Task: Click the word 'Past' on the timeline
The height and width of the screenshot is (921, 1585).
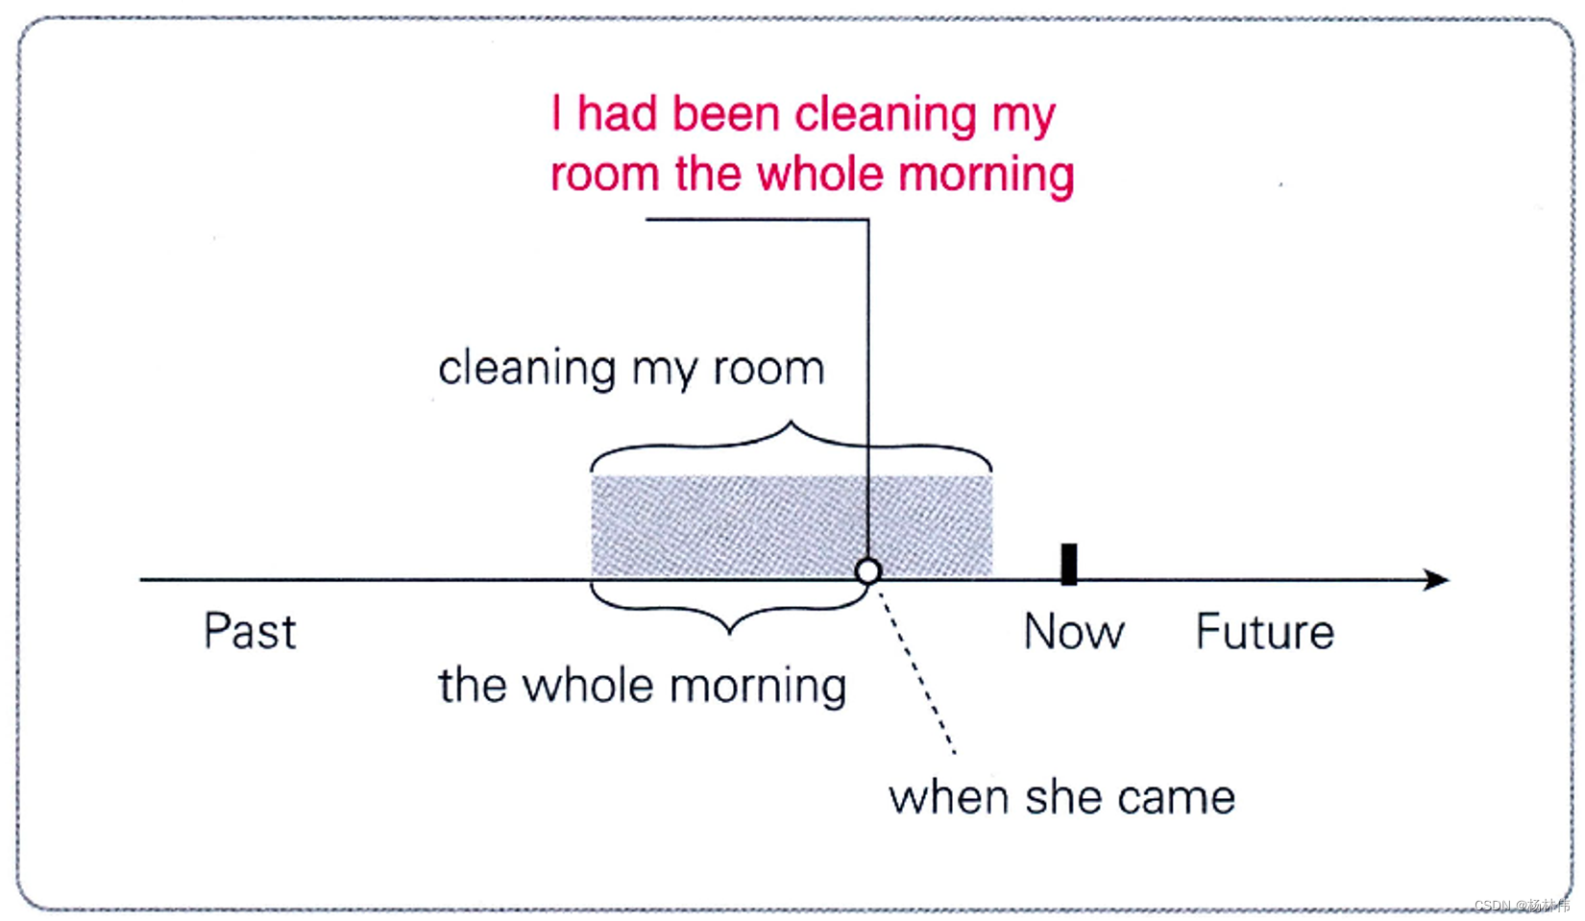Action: tap(250, 632)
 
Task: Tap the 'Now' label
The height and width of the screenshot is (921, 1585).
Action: tap(1073, 632)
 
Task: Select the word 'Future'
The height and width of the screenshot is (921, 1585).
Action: tap(1264, 632)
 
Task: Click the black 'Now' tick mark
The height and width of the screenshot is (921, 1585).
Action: tap(1068, 564)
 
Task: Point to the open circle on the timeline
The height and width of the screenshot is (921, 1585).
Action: tap(867, 571)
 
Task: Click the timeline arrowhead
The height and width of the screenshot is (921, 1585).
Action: tap(1436, 579)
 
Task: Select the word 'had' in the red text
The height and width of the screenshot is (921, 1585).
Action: tap(617, 114)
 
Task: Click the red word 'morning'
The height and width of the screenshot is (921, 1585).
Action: tap(986, 176)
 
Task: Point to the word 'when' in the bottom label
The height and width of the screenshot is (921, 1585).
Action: tap(949, 798)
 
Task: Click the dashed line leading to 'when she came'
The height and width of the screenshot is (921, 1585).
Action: tap(917, 672)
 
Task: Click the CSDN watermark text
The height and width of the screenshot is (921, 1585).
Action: tap(1522, 906)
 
